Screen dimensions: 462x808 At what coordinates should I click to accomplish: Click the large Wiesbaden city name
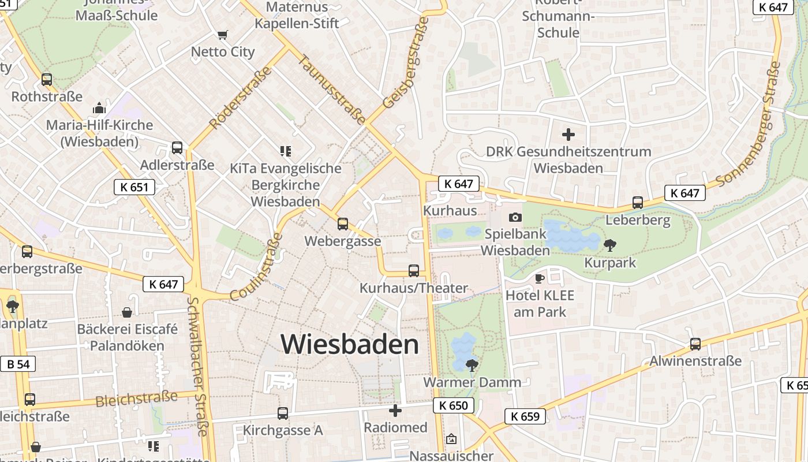pos(350,344)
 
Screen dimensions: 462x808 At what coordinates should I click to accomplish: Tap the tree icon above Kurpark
pos(609,245)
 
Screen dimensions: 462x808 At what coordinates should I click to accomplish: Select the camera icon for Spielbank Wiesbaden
pos(515,217)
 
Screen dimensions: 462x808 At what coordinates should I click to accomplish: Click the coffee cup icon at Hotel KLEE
pos(540,278)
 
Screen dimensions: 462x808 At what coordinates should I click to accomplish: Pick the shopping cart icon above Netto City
pos(222,35)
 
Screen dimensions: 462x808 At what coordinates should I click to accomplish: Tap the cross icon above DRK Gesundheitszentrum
pos(568,135)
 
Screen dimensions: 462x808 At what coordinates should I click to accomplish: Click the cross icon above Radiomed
pos(395,411)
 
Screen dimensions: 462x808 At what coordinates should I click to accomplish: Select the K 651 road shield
pos(134,187)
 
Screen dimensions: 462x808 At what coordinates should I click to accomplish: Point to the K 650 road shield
pos(454,405)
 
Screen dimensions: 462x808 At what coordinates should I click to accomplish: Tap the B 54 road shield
pos(18,364)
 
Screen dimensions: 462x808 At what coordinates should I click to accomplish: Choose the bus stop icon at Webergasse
pos(343,224)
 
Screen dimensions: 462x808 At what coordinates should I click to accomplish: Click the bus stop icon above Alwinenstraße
pos(695,344)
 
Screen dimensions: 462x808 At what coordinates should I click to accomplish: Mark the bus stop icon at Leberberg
pos(638,203)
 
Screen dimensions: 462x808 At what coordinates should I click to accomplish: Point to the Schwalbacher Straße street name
pos(197,366)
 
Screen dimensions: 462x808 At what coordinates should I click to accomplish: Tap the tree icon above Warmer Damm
pos(472,365)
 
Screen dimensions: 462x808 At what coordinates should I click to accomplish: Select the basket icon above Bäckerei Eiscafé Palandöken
pos(127,312)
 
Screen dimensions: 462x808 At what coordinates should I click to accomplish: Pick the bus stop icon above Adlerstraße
pos(177,148)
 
